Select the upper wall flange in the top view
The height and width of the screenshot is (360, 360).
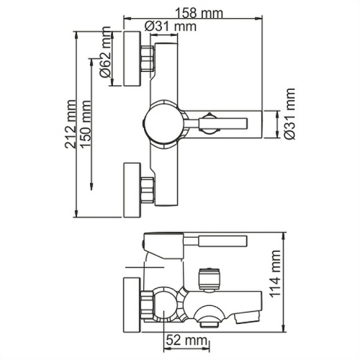click(132, 60)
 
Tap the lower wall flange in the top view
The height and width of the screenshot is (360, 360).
click(132, 191)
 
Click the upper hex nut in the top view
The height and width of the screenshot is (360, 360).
click(147, 60)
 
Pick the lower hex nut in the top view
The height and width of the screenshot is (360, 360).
click(147, 190)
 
